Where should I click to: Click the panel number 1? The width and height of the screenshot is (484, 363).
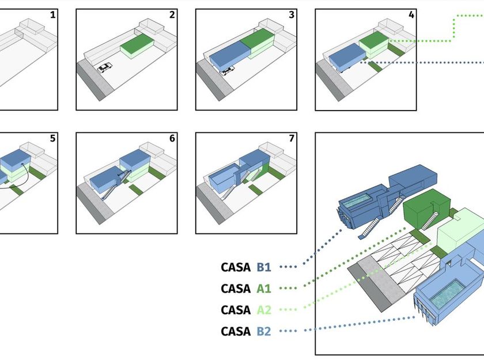pos(53,14)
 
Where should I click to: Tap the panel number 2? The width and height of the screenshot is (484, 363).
pos(172,14)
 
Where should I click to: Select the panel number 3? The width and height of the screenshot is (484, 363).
pos(292,14)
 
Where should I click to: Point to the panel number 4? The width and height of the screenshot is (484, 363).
pos(411,14)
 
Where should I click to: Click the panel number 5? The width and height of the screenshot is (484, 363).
pos(53,139)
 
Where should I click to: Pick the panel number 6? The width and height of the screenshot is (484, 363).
pos(172,139)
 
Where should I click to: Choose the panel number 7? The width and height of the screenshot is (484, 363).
pos(292,139)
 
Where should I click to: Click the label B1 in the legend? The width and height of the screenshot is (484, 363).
pos(264,267)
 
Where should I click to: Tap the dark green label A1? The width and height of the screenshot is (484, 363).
pos(264,289)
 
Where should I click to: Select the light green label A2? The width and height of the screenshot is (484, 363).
pos(264,310)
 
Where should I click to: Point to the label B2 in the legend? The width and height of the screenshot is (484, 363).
pos(264,331)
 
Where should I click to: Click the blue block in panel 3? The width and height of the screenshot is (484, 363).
pos(229,58)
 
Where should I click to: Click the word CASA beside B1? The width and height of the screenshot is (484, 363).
pos(236,267)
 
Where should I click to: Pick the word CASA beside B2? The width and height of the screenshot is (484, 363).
pos(236,331)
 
